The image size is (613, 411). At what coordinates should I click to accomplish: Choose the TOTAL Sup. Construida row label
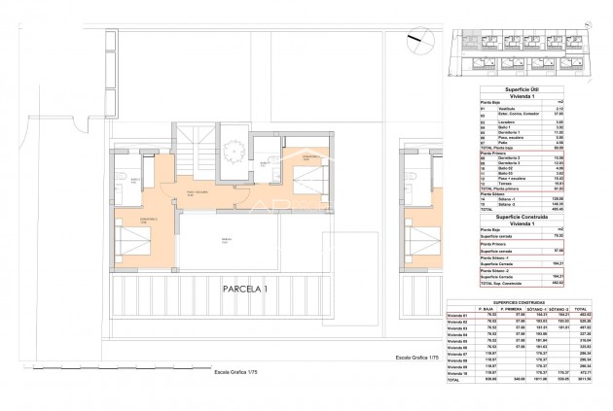click(510, 282)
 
